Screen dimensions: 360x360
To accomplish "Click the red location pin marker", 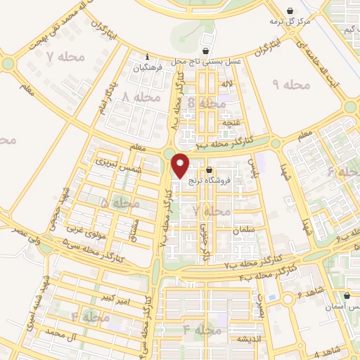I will [181, 165].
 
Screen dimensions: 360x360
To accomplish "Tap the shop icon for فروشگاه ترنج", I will [210, 169].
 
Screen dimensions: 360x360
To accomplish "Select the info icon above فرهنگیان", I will [146, 57].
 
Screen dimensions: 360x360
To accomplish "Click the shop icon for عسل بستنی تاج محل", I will [205, 51].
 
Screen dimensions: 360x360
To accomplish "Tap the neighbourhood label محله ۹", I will [291, 85].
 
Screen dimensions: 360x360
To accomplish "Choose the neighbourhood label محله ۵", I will [120, 203].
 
